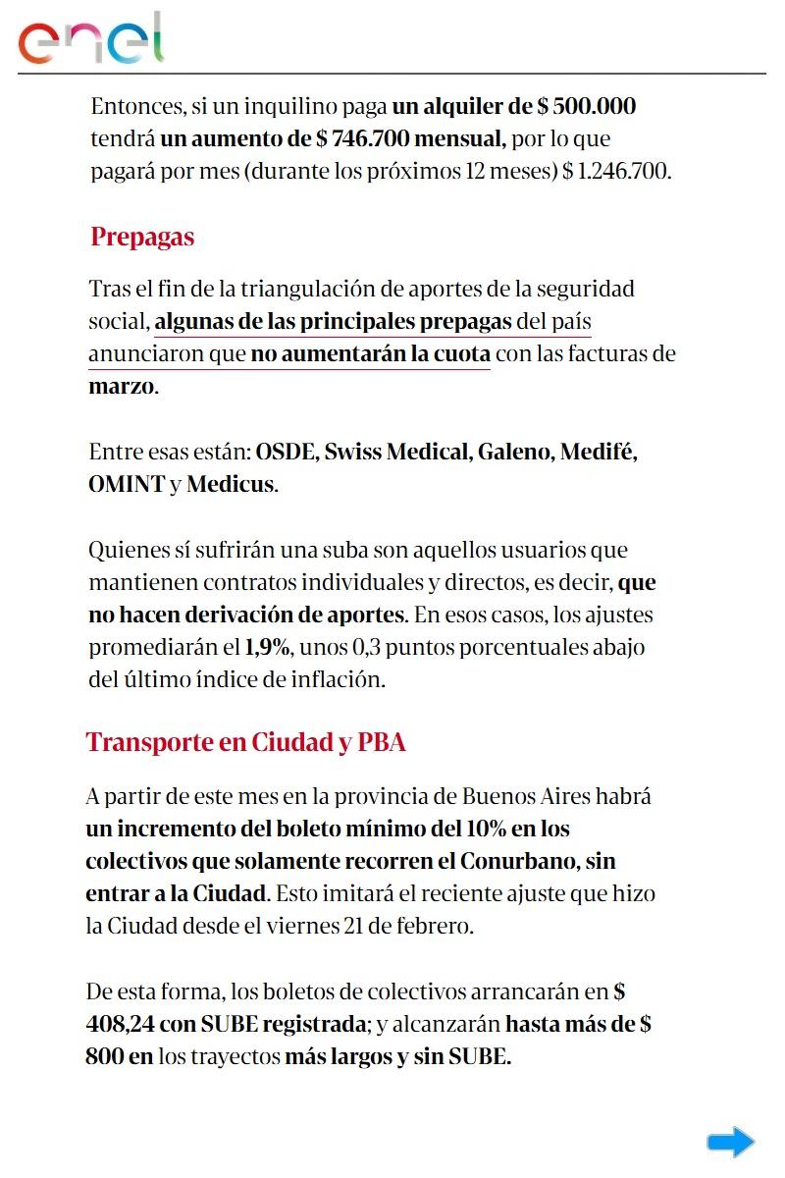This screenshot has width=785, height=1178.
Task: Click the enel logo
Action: pyautogui.click(x=91, y=39)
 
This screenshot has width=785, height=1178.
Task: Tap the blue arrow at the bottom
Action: pyautogui.click(x=730, y=1142)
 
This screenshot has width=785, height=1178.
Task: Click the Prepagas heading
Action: pyautogui.click(x=142, y=237)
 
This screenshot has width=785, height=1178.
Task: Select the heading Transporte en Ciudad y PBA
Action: pyautogui.click(x=245, y=741)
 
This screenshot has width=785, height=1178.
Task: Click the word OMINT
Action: pyautogui.click(x=126, y=485)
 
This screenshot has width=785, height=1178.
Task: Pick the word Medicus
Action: pyautogui.click(x=230, y=485)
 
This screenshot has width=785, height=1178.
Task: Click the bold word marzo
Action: pyautogui.click(x=121, y=386)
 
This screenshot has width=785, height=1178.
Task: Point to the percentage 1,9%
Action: pyautogui.click(x=268, y=648)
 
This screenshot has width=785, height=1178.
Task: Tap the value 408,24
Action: pyautogui.click(x=120, y=1025)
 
